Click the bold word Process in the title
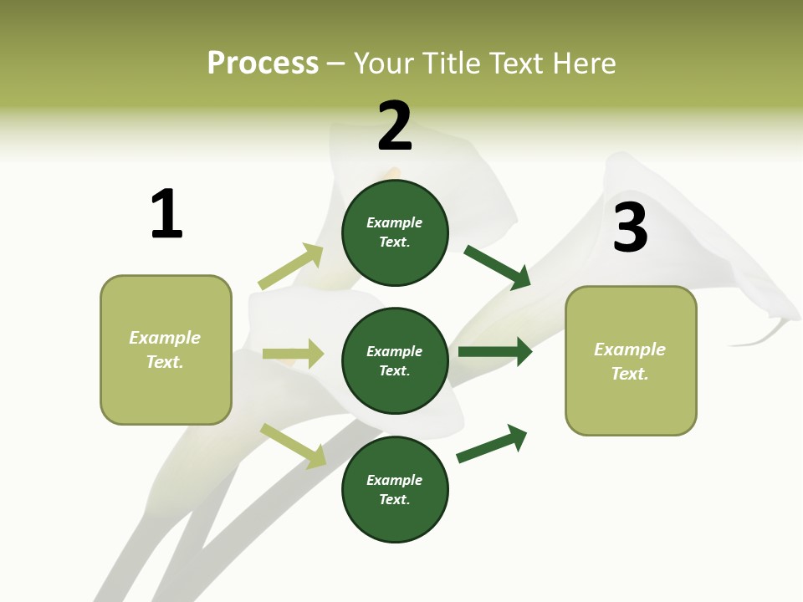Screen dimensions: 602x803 pyautogui.click(x=263, y=63)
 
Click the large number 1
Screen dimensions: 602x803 pyautogui.click(x=166, y=214)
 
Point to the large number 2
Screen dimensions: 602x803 pyautogui.click(x=395, y=126)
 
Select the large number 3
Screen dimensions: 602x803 pyautogui.click(x=630, y=227)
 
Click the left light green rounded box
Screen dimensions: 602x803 pyautogui.click(x=166, y=349)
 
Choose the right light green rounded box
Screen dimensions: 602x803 pyautogui.click(x=631, y=360)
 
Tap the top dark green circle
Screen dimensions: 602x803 pyautogui.click(x=395, y=232)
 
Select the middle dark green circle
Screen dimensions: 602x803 pyautogui.click(x=395, y=360)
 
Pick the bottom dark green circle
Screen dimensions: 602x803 pyautogui.click(x=395, y=489)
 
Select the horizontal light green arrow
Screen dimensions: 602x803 pyautogui.click(x=293, y=354)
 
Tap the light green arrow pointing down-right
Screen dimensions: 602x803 pyautogui.click(x=293, y=446)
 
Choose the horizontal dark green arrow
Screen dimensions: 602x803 pyautogui.click(x=494, y=351)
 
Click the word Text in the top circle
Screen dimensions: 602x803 pyautogui.click(x=393, y=242)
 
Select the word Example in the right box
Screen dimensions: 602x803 pyautogui.click(x=630, y=349)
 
